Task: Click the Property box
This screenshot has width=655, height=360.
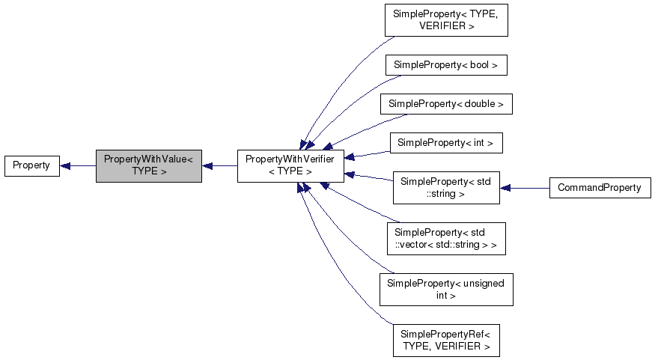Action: (x=31, y=165)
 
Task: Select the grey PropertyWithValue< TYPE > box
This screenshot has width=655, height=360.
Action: (x=148, y=165)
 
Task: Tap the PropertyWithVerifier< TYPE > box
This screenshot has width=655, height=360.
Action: (x=290, y=165)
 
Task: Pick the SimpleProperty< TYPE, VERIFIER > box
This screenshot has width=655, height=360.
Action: (x=446, y=20)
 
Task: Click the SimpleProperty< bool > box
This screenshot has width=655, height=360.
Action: (x=446, y=65)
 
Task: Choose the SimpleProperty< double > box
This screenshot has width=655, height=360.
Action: (x=446, y=103)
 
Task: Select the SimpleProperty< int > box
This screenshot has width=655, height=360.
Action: (x=446, y=142)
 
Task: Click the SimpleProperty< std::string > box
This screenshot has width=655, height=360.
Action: (x=446, y=187)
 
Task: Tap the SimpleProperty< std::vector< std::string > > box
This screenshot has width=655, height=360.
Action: (x=445, y=238)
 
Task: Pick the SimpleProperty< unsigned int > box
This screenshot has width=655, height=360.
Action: (x=446, y=290)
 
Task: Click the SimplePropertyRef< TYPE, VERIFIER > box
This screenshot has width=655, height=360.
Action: (x=446, y=341)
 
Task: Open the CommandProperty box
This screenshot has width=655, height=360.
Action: (x=600, y=188)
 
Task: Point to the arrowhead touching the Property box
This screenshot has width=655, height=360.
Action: (x=65, y=165)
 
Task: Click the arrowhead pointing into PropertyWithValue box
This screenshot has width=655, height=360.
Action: (x=207, y=165)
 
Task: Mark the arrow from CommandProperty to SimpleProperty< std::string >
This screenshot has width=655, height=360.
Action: (x=524, y=188)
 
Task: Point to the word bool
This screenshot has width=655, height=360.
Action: (x=479, y=65)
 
